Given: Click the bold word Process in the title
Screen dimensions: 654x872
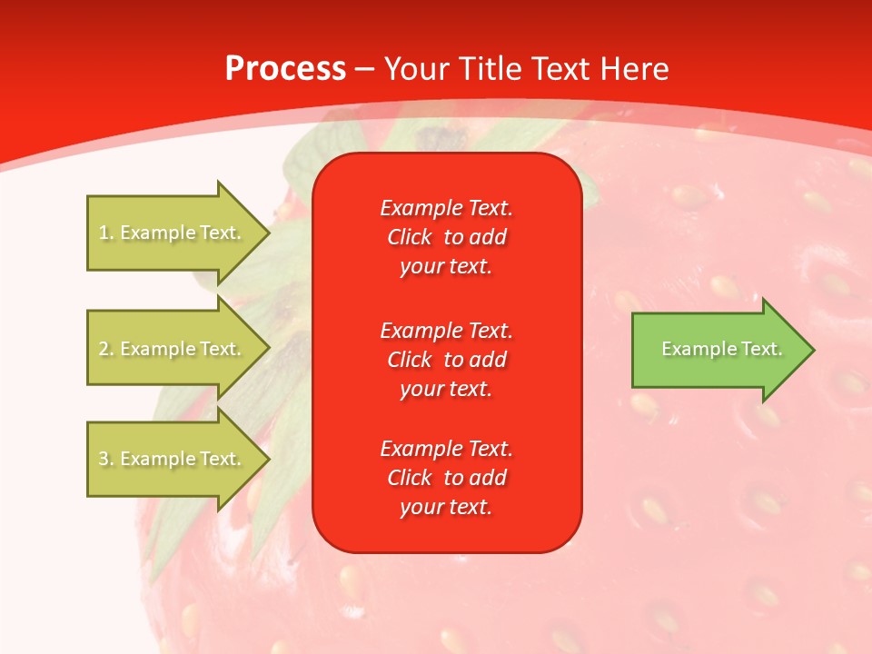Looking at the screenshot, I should (285, 69).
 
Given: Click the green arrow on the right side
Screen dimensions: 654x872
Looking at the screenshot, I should (718, 350).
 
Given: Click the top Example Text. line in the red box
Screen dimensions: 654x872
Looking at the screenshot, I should (446, 208).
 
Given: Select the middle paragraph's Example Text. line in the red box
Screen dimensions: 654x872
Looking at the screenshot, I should (446, 330).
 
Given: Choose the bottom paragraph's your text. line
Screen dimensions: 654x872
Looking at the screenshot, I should (446, 507).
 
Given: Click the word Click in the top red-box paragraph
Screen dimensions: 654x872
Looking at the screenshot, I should (409, 237).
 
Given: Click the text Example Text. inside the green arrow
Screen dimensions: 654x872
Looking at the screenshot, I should (722, 349).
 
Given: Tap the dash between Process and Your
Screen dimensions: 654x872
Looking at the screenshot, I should (364, 69).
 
